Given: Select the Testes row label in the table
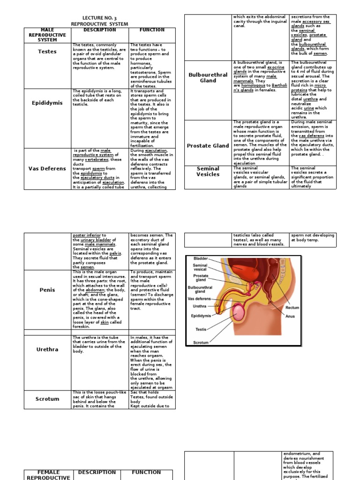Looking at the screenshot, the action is click(x=47, y=52).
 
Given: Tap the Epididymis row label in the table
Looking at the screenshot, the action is click(x=47, y=103).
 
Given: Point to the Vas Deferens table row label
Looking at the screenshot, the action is click(x=47, y=168).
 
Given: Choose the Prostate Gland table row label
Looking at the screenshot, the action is click(x=208, y=146).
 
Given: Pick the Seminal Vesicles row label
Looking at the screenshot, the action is click(x=208, y=172).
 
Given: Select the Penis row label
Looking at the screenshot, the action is click(x=47, y=290).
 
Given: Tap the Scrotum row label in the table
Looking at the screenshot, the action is click(x=47, y=399).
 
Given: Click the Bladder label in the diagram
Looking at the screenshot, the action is click(x=201, y=259).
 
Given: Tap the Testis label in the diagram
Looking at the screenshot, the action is click(x=201, y=330).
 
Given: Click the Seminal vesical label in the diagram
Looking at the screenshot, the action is click(x=200, y=268).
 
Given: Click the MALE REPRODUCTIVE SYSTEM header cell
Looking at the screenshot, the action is click(x=47, y=35).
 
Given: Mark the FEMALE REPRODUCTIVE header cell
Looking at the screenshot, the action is click(x=47, y=475).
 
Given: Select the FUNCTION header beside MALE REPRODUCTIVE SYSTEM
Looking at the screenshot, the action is click(x=151, y=30).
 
